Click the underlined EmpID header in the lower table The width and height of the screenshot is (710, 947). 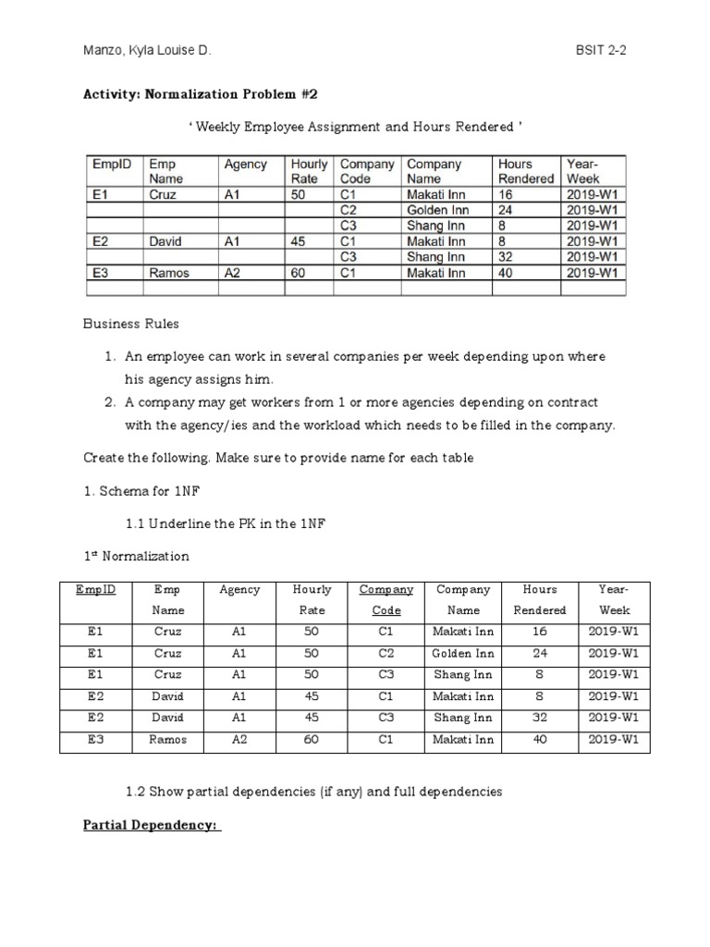96,590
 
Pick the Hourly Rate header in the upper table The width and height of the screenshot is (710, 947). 310,171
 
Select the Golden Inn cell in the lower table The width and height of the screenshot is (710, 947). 463,653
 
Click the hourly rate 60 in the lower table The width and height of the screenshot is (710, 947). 312,739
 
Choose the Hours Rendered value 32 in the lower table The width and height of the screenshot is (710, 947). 540,718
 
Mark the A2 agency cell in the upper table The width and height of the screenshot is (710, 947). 233,274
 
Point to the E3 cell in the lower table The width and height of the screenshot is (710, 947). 94,739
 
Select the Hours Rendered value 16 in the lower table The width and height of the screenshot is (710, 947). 540,632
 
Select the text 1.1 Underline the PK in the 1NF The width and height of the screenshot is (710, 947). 226,524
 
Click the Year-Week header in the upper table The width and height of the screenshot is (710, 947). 584,171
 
